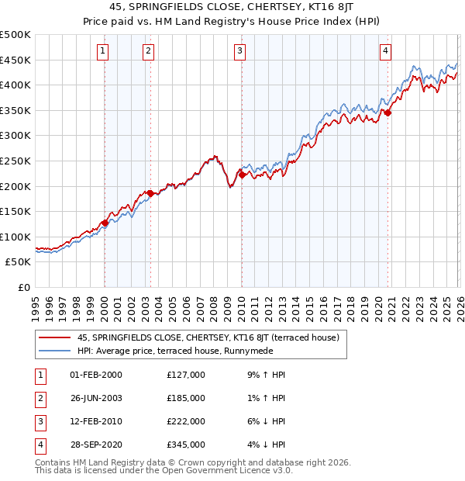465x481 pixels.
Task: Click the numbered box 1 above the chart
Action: click(x=104, y=51)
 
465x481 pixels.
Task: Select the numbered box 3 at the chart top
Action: click(x=240, y=51)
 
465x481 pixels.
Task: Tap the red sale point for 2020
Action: click(x=388, y=113)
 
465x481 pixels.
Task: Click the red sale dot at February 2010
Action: click(x=242, y=175)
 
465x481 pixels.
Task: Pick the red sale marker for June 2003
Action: click(x=150, y=194)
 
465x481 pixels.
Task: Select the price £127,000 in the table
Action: click(x=186, y=375)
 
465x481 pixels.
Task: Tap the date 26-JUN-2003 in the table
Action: click(x=96, y=398)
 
